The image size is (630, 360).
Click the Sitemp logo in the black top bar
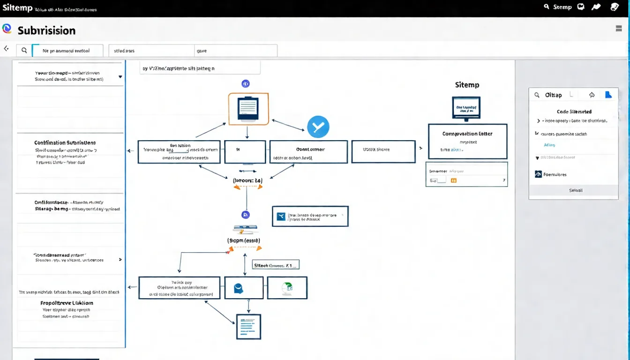pyautogui.click(x=17, y=8)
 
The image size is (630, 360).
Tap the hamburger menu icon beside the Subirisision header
pyautogui.click(x=618, y=29)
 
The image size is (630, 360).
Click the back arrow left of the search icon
pyautogui.click(x=6, y=49)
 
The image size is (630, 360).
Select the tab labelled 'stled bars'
pyautogui.click(x=151, y=51)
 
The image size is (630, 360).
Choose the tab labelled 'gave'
pyautogui.click(x=235, y=51)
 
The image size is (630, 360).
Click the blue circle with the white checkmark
pyautogui.click(x=318, y=127)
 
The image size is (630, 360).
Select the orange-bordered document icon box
pyautogui.click(x=248, y=109)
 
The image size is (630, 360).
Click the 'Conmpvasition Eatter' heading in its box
pyautogui.click(x=467, y=134)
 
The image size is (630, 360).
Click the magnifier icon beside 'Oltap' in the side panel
pyautogui.click(x=537, y=95)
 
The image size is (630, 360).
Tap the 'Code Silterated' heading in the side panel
pyautogui.click(x=574, y=112)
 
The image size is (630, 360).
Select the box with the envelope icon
pyautogui.click(x=310, y=216)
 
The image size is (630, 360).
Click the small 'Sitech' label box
pyautogui.click(x=276, y=265)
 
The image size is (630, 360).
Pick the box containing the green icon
pyautogui.click(x=287, y=288)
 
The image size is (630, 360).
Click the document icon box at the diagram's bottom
pyautogui.click(x=248, y=327)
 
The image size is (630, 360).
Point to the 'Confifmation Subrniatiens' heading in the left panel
pyautogui.click(x=65, y=142)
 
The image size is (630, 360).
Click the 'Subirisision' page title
pyautogui.click(x=46, y=30)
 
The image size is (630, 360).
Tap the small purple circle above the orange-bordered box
pyautogui.click(x=245, y=84)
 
